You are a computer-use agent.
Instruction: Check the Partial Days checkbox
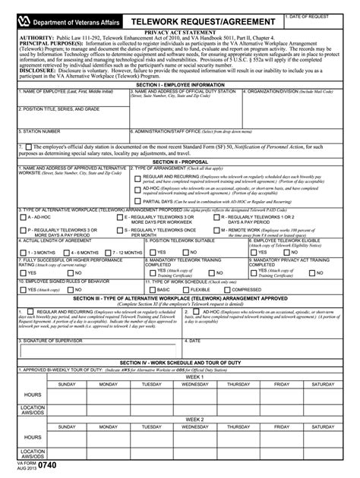click(x=137, y=200)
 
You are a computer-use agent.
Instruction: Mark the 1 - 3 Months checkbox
click(x=23, y=251)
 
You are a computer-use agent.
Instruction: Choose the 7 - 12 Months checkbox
click(x=106, y=251)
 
